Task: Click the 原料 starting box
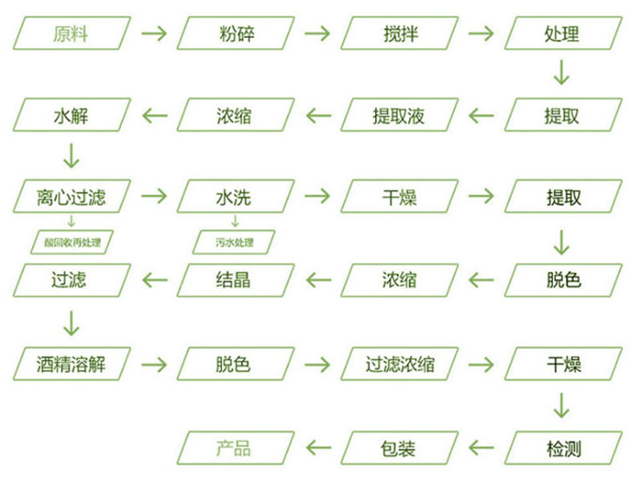71,34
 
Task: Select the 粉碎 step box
233,34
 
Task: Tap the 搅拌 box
399,34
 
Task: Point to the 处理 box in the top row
562,34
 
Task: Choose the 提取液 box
399,115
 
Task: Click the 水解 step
71,115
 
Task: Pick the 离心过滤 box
71,197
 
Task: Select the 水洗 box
233,197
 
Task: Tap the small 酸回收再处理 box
71,241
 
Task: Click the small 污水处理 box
234,241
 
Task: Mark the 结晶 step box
233,281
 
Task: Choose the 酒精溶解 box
71,364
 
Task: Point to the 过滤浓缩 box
399,364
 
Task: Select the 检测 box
562,447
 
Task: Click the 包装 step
399,447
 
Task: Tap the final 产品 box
233,447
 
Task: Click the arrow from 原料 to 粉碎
153,34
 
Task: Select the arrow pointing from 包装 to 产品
318,447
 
